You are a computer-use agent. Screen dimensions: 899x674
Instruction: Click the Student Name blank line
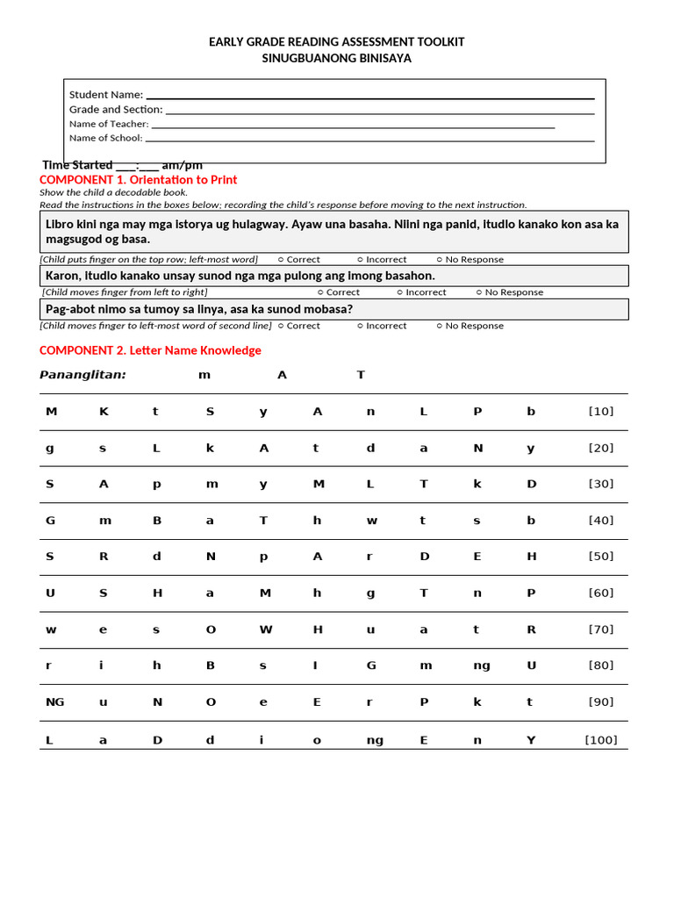pyautogui.click(x=369, y=97)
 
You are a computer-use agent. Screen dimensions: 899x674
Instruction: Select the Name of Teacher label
pyautogui.click(x=109, y=124)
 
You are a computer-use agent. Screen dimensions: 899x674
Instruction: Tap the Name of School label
pyautogui.click(x=105, y=138)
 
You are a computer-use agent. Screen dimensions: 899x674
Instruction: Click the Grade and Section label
pyautogui.click(x=116, y=110)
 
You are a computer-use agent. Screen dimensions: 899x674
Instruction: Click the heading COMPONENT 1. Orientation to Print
pyautogui.click(x=138, y=179)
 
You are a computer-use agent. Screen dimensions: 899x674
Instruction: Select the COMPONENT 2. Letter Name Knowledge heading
pyautogui.click(x=150, y=350)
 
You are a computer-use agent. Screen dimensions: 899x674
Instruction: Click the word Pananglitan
pyautogui.click(x=82, y=375)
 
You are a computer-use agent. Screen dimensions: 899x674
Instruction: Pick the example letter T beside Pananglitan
pyautogui.click(x=360, y=375)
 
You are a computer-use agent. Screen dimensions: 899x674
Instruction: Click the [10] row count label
pyautogui.click(x=600, y=411)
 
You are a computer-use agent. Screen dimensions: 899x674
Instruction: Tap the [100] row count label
pyautogui.click(x=600, y=740)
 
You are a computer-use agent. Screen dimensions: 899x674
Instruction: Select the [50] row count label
pyautogui.click(x=600, y=557)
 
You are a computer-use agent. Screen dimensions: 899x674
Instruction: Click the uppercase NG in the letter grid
pyautogui.click(x=54, y=702)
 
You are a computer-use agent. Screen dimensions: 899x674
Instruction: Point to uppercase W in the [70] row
pyautogui.click(x=266, y=629)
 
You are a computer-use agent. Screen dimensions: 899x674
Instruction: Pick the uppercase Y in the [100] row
pyautogui.click(x=530, y=740)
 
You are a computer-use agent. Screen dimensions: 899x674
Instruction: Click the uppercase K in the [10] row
pyautogui.click(x=104, y=411)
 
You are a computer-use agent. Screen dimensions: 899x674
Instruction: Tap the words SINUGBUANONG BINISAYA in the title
pyautogui.click(x=336, y=58)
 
